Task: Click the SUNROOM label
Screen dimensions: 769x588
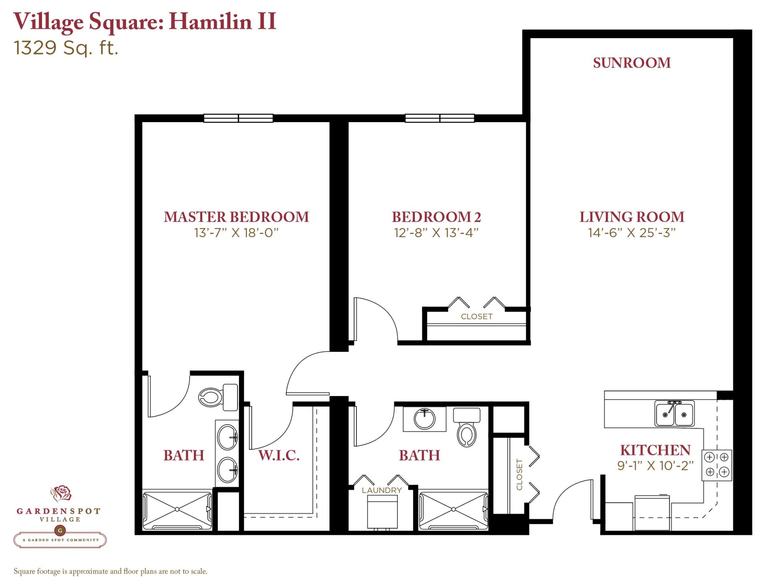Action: point(632,63)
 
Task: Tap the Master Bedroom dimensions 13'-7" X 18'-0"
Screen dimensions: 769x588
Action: point(236,233)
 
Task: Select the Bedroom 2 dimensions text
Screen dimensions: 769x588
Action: point(436,233)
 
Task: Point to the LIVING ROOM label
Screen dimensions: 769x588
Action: point(632,217)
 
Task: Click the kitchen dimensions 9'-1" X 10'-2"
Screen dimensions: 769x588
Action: point(655,465)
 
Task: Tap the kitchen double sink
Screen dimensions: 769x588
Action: point(674,413)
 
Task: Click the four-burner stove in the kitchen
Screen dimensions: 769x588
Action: point(717,465)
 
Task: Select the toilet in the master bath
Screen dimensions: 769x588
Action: point(218,397)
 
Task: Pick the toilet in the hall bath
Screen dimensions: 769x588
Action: point(467,427)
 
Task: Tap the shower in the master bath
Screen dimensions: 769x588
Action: point(177,510)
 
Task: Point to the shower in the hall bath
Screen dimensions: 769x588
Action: point(453,510)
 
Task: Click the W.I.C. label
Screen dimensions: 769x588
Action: point(279,455)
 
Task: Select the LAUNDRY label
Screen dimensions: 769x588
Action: point(382,490)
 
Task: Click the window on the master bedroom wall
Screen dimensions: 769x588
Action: point(238,118)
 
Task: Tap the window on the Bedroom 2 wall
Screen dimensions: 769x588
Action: point(440,118)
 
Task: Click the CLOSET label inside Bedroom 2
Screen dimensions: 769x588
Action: point(477,316)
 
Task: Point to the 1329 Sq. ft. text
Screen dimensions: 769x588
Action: point(66,48)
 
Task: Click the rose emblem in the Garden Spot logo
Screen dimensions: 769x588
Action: point(61,493)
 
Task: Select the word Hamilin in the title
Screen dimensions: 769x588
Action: point(210,21)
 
